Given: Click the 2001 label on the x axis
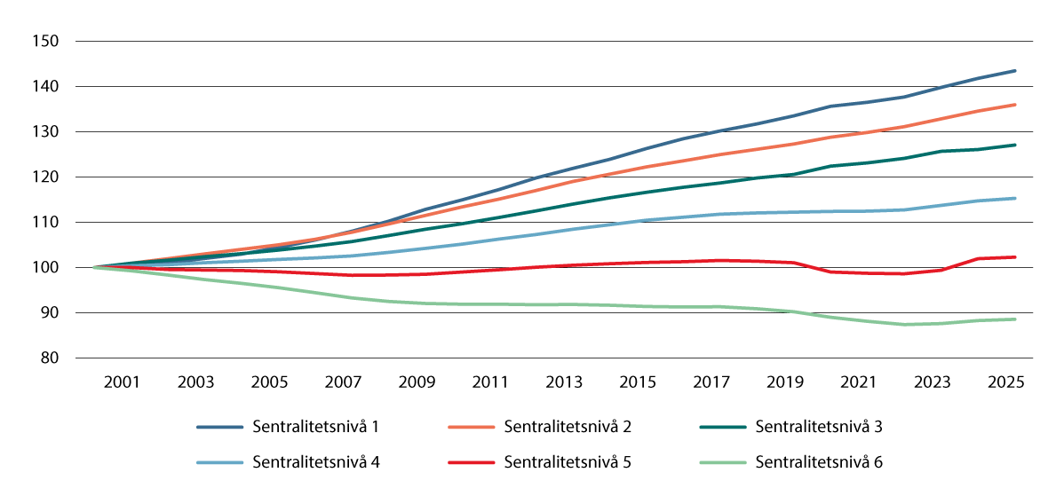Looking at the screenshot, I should click(122, 382).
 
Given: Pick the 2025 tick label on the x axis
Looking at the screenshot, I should click(1007, 382).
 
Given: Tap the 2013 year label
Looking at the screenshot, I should click(564, 382).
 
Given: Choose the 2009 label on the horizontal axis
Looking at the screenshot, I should click(417, 382).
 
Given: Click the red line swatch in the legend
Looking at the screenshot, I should click(472, 462).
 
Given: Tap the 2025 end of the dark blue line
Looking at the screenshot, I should click(1015, 71).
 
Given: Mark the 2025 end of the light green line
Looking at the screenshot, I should click(1015, 319).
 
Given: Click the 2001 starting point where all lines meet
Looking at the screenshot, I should click(94, 267).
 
